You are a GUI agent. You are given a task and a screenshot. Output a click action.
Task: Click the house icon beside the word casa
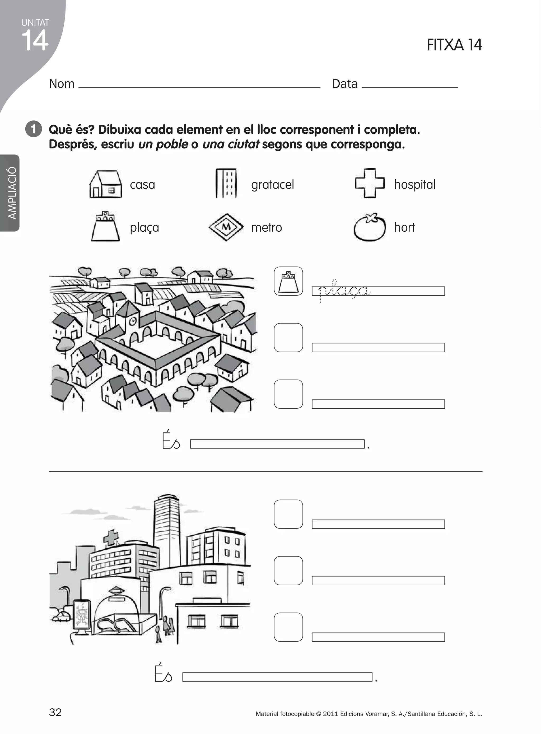tap(105, 184)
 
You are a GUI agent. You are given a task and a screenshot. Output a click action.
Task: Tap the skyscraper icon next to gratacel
tap(226, 183)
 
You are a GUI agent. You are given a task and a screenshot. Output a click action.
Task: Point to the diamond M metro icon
tap(226, 227)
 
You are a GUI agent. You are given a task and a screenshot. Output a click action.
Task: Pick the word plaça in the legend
tap(144, 227)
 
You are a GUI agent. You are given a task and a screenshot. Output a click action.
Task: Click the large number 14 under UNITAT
tap(35, 41)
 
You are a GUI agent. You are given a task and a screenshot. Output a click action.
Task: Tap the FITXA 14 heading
tap(454, 45)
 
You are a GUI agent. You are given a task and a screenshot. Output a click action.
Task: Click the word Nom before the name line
tap(62, 84)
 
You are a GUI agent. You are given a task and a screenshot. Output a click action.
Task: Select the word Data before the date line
tap(344, 84)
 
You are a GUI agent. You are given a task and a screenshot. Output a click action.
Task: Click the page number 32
tap(55, 712)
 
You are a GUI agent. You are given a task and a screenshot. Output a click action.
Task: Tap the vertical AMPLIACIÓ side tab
tap(12, 193)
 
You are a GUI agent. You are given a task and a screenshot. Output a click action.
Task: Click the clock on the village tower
tap(133, 321)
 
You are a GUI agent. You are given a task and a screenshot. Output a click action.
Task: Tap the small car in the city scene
tap(61, 617)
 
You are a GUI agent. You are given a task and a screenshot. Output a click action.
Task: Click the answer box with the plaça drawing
tap(288, 281)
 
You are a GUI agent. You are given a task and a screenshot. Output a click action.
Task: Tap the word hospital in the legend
tap(414, 184)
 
